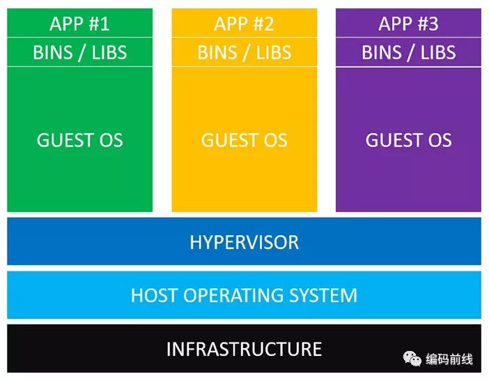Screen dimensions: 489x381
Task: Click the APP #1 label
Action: tap(79, 24)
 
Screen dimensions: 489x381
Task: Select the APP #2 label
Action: tap(244, 24)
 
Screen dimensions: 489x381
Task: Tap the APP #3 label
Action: tap(408, 24)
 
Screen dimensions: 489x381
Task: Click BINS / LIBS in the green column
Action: tap(80, 52)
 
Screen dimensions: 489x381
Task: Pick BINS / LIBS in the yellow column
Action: tap(244, 52)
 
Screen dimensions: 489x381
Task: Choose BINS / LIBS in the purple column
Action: tap(408, 52)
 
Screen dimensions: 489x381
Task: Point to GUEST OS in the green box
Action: tap(80, 140)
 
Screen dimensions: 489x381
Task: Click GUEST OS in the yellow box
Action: tap(244, 140)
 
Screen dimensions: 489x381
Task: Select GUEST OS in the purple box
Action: tap(408, 140)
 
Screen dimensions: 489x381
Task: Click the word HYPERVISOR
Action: tap(244, 242)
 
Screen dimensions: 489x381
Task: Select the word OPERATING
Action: tap(233, 295)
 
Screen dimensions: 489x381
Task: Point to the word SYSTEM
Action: tap(323, 295)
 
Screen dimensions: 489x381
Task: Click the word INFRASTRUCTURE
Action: tap(244, 349)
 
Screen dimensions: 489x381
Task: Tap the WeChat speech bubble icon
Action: tap(412, 359)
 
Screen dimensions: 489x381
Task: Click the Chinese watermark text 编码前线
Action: tap(449, 359)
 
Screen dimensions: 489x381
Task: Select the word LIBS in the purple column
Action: tap(438, 52)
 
